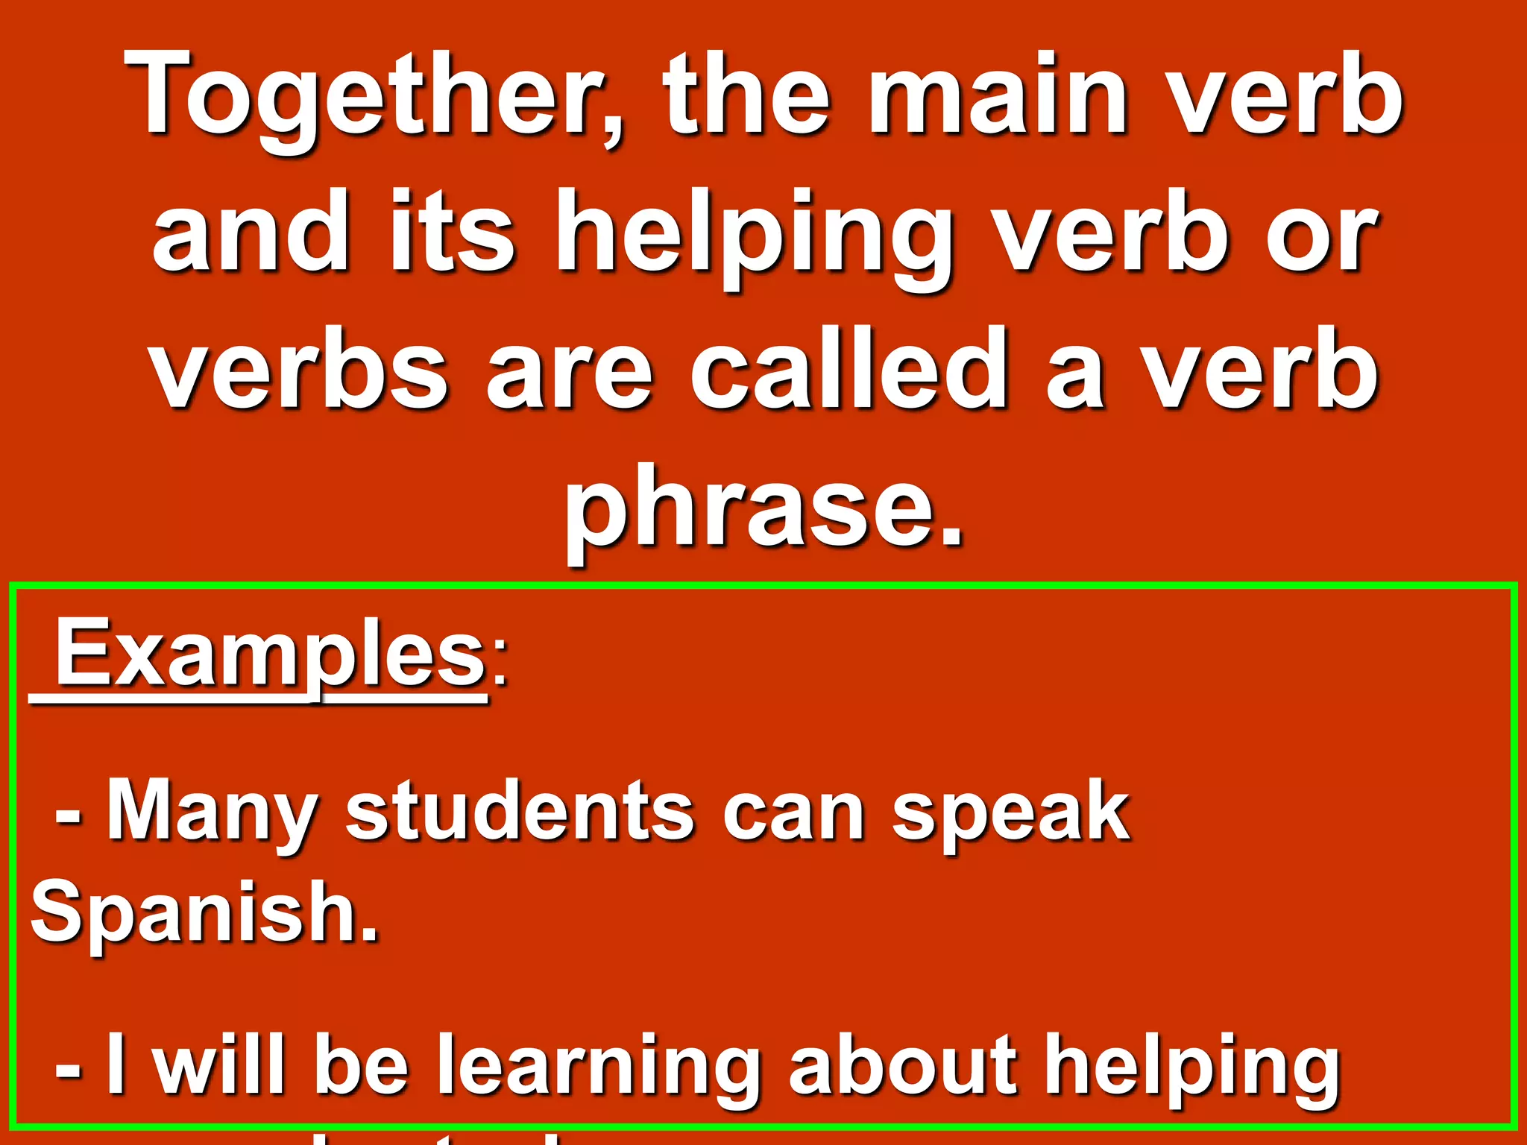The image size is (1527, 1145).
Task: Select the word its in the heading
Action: [452, 231]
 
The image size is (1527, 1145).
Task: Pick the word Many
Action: [213, 813]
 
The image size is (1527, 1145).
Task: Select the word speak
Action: [1011, 813]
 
